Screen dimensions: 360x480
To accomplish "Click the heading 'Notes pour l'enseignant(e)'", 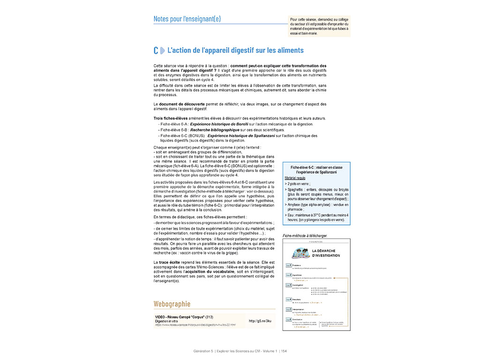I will pyautogui.click(x=187, y=19).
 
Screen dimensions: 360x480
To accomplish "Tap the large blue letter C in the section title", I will pyautogui.click(x=156, y=51).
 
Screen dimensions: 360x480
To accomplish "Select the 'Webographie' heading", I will pyautogui.click(x=172, y=304).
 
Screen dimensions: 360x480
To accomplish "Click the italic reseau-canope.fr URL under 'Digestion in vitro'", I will pyautogui.click(x=195, y=324).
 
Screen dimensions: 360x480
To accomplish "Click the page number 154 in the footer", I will pyautogui.click(x=284, y=351).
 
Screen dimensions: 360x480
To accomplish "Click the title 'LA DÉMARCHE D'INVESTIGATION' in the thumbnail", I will pyautogui.click(x=325, y=254).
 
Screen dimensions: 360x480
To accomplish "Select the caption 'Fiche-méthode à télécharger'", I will pyautogui.click(x=305, y=235).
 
